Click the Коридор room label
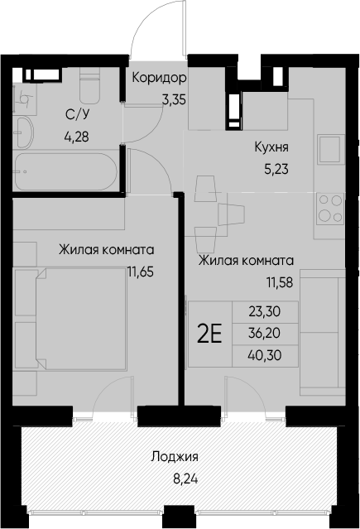click(x=159, y=79)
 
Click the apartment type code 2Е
click(x=209, y=334)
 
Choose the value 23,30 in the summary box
click(x=263, y=312)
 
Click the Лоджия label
click(x=175, y=455)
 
